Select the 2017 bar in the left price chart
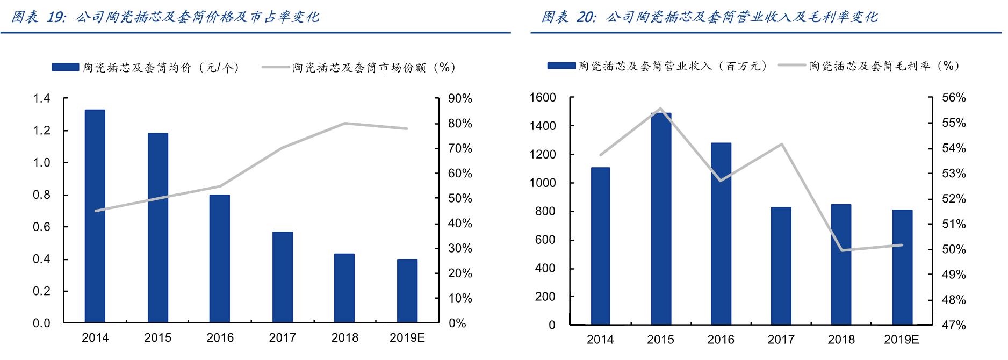[x=282, y=277]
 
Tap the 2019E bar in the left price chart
[x=407, y=291]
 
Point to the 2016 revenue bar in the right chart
[x=721, y=234]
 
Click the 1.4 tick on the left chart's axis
[x=41, y=98]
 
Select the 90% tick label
[x=460, y=98]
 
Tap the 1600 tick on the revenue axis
[x=542, y=97]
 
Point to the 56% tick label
[x=954, y=97]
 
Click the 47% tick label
[x=954, y=325]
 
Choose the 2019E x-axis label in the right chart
[x=901, y=340]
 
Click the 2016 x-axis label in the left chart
[x=220, y=337]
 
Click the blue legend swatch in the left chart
[x=66, y=67]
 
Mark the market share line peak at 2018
[x=344, y=123]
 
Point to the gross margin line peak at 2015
[x=660, y=109]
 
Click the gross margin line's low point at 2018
[x=841, y=250]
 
